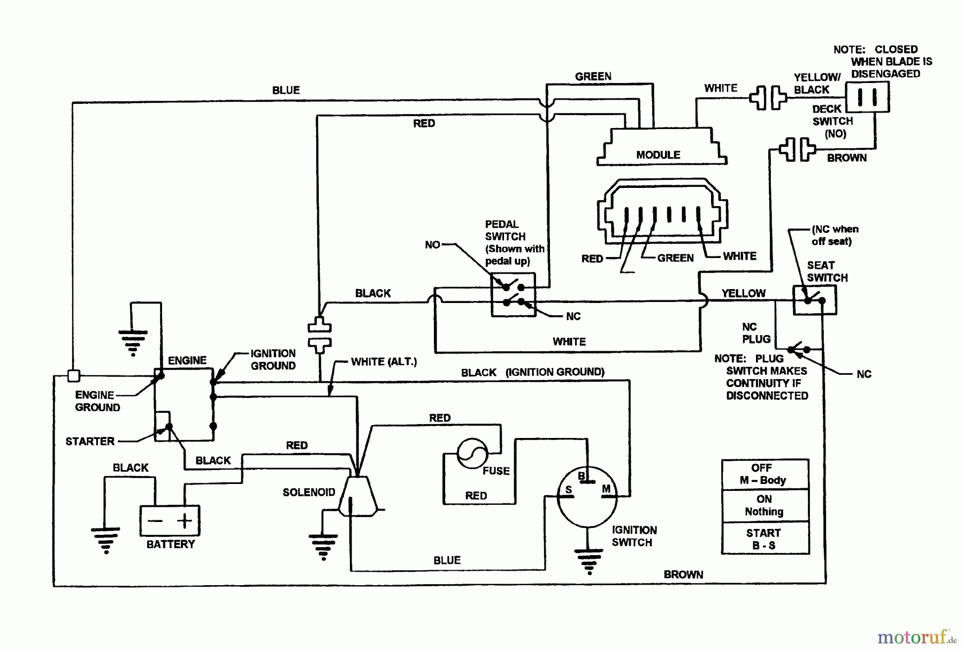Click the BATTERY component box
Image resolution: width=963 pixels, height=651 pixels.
[170, 520]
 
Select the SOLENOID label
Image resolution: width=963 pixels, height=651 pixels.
[309, 492]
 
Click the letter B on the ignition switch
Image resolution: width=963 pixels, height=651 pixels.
[582, 475]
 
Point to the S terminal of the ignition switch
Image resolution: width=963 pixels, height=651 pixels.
[568, 489]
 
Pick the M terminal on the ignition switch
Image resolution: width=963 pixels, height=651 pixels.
[606, 489]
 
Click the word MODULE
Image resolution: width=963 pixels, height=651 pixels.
[658, 155]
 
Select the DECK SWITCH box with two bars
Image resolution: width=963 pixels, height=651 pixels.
[867, 97]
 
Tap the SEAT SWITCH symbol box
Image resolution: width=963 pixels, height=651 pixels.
[814, 300]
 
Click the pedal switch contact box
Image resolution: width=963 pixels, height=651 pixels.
[513, 294]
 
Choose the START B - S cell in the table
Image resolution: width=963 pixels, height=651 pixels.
[765, 539]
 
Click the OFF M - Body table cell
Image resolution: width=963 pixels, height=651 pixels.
[765, 474]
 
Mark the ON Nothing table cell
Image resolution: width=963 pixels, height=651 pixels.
[765, 505]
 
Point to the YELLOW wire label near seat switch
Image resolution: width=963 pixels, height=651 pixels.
[743, 293]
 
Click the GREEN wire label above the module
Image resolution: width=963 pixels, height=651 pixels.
[593, 77]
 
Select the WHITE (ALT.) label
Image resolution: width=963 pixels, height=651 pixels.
[384, 362]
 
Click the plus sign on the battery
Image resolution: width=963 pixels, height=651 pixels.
[184, 520]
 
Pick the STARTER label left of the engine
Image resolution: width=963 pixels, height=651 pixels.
[90, 441]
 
